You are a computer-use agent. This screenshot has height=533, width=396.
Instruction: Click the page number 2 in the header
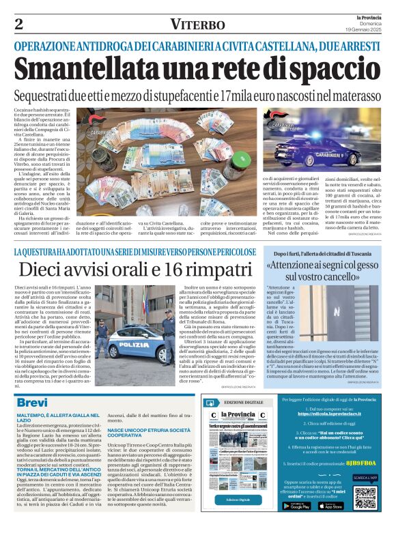[18, 25]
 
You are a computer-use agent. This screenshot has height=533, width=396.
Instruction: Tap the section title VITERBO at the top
[198, 25]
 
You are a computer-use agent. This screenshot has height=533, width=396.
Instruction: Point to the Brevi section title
[32, 403]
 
